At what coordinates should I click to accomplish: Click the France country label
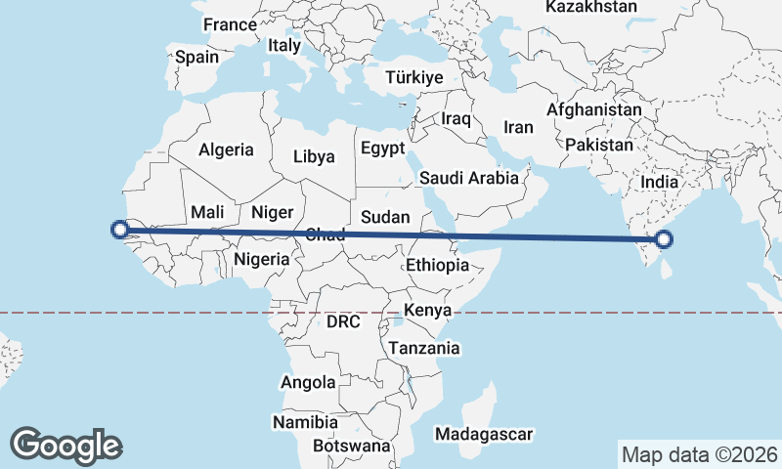click(229, 24)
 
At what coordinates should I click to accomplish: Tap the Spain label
click(196, 57)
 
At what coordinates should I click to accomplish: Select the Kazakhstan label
click(590, 7)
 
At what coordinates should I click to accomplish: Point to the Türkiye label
click(414, 77)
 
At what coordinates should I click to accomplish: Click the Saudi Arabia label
click(468, 179)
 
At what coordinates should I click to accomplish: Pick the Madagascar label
click(484, 434)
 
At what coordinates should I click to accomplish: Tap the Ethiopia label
click(437, 265)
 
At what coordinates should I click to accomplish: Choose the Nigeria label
click(262, 259)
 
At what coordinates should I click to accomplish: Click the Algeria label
click(226, 150)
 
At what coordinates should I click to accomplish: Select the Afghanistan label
click(594, 110)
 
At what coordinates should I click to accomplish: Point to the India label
click(660, 182)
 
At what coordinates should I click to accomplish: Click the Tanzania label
click(424, 348)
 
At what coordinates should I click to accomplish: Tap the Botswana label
click(351, 446)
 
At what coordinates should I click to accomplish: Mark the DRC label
click(344, 321)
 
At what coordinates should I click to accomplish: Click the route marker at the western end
click(120, 230)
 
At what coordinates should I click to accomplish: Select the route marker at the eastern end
click(665, 238)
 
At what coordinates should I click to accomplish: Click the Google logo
click(65, 445)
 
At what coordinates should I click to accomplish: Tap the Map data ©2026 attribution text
click(699, 454)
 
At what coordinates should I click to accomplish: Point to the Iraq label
click(456, 118)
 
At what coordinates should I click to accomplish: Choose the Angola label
click(308, 383)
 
